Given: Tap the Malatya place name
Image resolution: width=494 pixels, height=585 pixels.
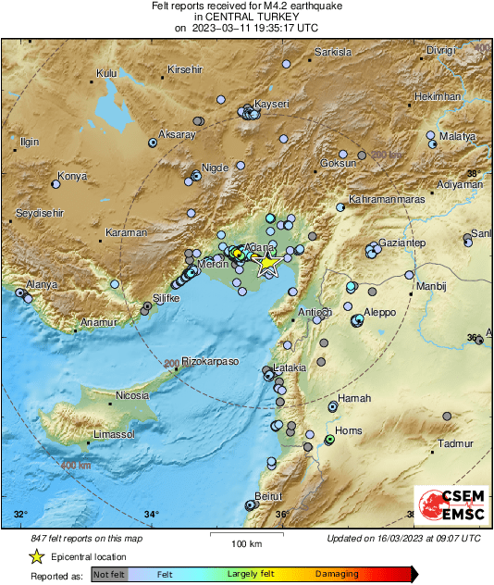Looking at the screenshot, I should (457, 136).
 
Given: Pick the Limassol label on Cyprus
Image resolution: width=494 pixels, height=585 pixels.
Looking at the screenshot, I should (115, 434).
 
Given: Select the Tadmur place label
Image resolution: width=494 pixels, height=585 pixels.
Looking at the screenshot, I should (455, 443).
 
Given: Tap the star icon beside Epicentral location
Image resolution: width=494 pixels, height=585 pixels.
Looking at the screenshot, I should (36, 556).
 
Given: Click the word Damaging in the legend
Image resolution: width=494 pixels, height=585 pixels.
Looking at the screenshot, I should (339, 575).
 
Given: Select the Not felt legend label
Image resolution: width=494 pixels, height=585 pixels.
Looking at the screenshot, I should (110, 575).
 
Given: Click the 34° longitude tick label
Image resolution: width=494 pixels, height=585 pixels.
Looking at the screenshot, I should (152, 515).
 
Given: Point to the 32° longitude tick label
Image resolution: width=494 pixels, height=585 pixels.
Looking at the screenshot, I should (21, 515).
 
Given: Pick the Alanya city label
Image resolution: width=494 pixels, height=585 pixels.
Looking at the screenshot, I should (41, 284).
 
